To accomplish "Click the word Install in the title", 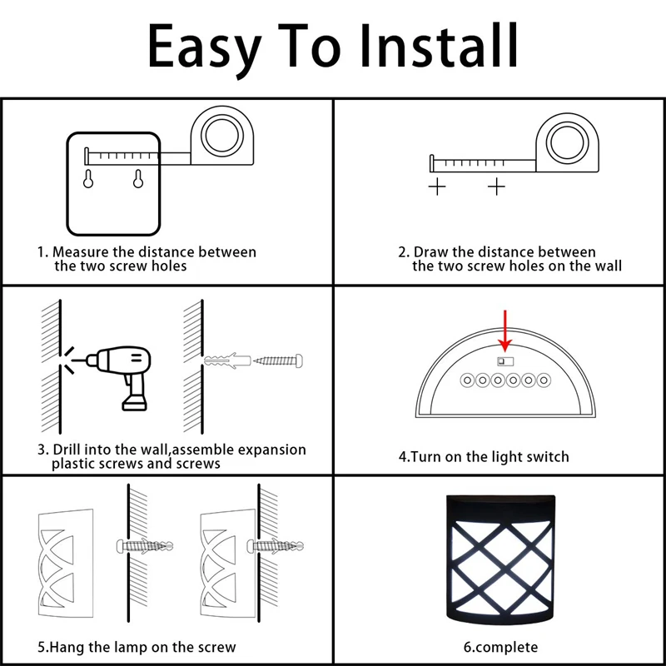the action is point(440,46).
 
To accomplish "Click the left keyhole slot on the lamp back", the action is point(88,179).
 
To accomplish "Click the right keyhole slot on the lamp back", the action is point(138,179).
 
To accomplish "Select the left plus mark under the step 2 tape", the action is point(437,186).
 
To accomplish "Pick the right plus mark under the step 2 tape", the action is point(496,186).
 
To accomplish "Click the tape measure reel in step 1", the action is point(222,136).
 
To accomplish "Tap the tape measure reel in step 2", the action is point(567,142).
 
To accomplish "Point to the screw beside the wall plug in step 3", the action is point(278,360).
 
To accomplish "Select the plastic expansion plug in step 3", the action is point(226,360).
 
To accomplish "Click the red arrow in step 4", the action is point(505,331).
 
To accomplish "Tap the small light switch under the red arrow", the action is point(505,361).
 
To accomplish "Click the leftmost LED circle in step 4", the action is point(467,380).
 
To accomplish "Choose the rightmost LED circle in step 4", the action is point(544,380).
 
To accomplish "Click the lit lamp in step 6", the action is point(501,559).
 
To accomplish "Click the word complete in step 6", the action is point(506,648).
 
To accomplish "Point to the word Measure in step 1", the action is point(81,252).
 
